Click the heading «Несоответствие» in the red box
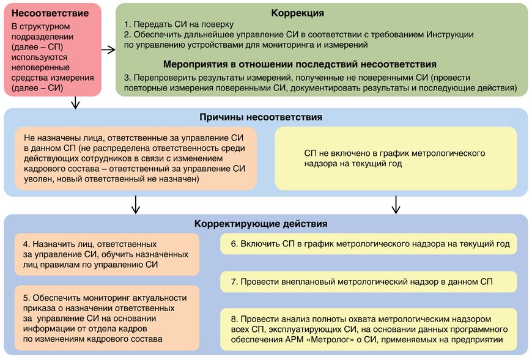click(x=50, y=13)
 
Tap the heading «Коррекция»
click(x=298, y=13)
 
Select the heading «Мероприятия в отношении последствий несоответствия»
click(x=300, y=64)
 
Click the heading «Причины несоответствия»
click(x=261, y=117)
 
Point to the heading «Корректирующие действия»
click(x=261, y=224)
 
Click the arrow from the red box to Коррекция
click(x=109, y=50)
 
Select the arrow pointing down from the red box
click(x=76, y=102)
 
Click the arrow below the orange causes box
click(x=136, y=204)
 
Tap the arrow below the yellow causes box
click(x=396, y=204)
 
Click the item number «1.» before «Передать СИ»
click(x=128, y=24)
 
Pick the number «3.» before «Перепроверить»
click(x=128, y=78)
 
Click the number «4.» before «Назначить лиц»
click(x=27, y=244)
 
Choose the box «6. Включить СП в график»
click(x=369, y=244)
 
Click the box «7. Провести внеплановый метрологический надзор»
click(x=369, y=282)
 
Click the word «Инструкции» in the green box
click(x=450, y=35)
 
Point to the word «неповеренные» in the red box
click(x=40, y=67)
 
